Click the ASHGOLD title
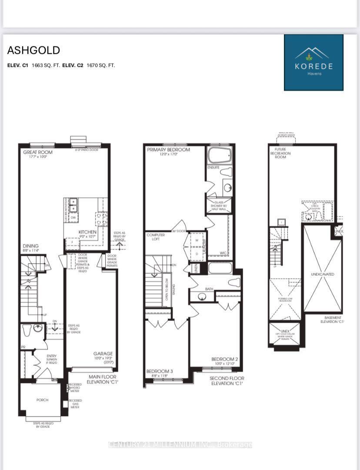tap(33, 50)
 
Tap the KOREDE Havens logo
tap(313, 63)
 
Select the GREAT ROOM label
tap(38, 152)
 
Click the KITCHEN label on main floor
tap(87, 232)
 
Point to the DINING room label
tap(31, 246)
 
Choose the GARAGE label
tap(103, 354)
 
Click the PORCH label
tap(43, 400)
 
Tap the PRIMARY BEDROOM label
tap(168, 150)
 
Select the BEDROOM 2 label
tap(224, 359)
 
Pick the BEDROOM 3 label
tap(159, 371)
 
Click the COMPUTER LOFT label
tap(156, 237)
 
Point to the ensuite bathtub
tap(220, 156)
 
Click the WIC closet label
tap(224, 252)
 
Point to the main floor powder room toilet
tap(26, 331)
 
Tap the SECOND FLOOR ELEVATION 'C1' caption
tap(226, 381)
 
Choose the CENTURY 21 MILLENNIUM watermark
tap(180, 444)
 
